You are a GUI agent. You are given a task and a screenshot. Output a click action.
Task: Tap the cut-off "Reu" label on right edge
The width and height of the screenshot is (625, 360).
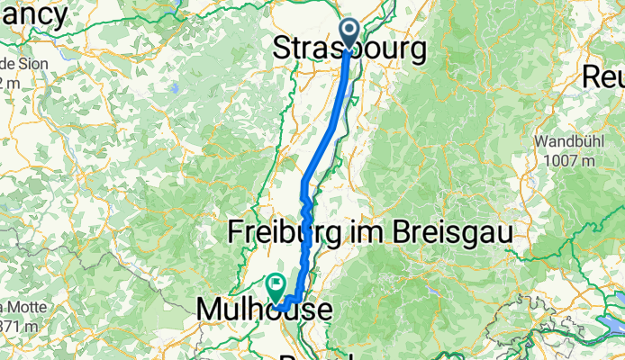tap(604, 76)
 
